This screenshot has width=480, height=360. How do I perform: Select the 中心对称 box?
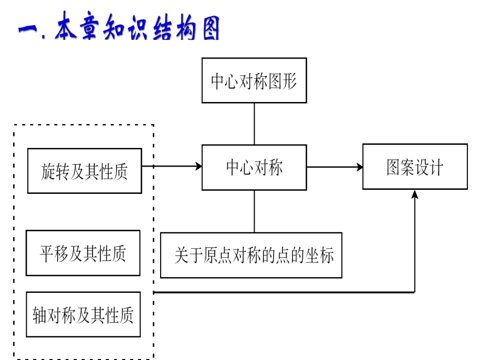[254, 167]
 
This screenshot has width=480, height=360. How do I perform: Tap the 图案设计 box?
[414, 167]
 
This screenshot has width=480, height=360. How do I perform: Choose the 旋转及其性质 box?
[84, 171]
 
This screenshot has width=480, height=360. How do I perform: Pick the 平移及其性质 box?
[83, 253]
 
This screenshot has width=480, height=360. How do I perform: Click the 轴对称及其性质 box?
[83, 314]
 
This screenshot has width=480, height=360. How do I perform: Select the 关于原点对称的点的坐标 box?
[251, 255]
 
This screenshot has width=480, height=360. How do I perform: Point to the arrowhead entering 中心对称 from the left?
[198, 166]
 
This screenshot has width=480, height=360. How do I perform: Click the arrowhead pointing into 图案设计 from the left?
[359, 167]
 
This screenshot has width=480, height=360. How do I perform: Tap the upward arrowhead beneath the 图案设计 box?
[415, 194]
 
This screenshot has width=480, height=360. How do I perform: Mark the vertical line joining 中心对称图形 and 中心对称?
[254, 124]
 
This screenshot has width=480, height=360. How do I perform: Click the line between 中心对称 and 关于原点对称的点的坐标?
[254, 211]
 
